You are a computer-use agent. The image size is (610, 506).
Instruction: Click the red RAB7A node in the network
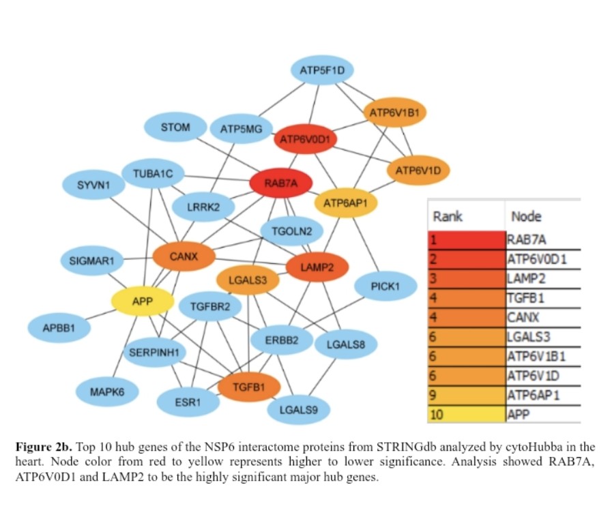pyautogui.click(x=281, y=183)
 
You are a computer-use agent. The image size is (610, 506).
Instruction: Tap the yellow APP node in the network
pyautogui.click(x=143, y=301)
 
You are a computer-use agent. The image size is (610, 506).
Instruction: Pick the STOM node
pyautogui.click(x=175, y=127)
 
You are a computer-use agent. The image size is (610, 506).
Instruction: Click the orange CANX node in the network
pyautogui.click(x=184, y=257)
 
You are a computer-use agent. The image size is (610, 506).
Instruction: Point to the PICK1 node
pyautogui.click(x=385, y=286)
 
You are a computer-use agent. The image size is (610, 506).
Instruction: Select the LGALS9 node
pyautogui.click(x=298, y=410)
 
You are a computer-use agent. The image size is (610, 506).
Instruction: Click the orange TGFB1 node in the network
pyautogui.click(x=249, y=387)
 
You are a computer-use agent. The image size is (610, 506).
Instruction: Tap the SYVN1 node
pyautogui.click(x=93, y=185)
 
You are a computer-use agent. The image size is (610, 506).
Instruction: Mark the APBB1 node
pyautogui.click(x=58, y=328)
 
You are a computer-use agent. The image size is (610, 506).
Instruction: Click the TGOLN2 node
pyautogui.click(x=292, y=231)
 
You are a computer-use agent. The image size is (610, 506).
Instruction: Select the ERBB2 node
pyautogui.click(x=282, y=341)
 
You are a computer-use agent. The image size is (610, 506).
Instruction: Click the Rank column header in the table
pyautogui.click(x=448, y=216)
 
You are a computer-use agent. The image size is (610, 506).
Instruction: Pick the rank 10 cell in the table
pyautogui.click(x=466, y=414)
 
